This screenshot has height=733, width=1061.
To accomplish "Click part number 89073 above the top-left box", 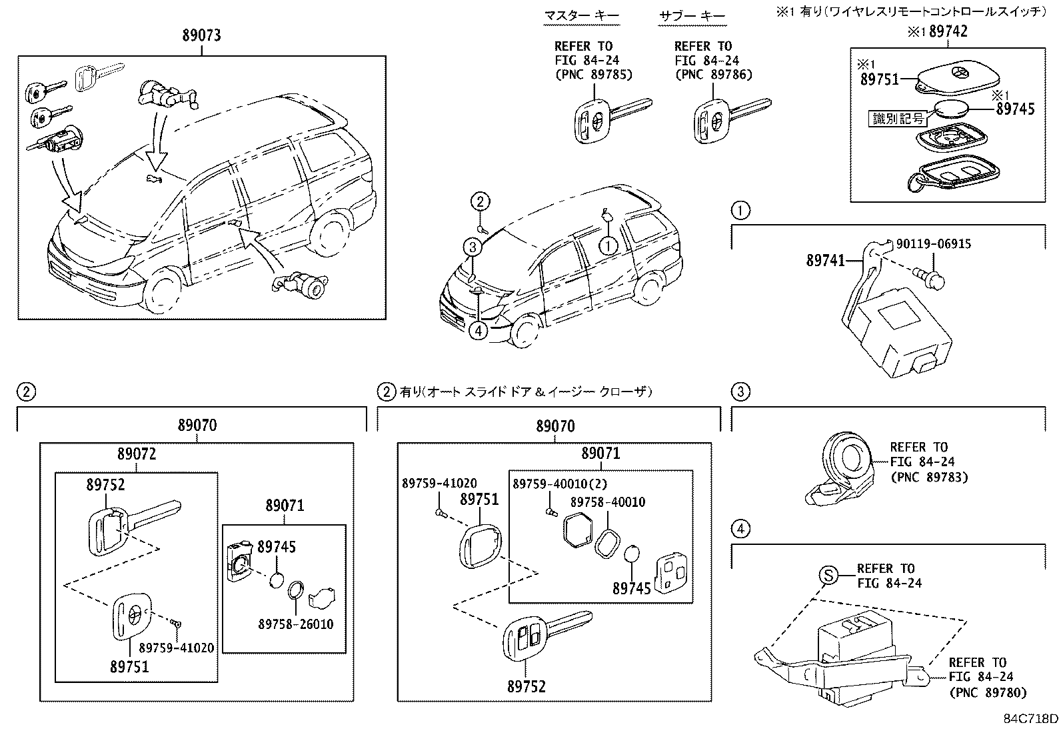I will coord(201,35).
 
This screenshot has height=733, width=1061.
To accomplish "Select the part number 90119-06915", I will coord(932,243).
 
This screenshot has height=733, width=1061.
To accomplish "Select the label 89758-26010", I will coord(296,624).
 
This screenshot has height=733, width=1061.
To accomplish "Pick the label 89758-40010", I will coord(607,502).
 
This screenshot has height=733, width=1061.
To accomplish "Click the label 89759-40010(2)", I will coord(560,484).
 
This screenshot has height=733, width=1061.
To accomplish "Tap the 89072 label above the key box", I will coord(137,454).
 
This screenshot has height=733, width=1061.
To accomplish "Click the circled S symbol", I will coord(827,575).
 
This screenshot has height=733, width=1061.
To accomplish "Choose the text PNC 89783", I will coord(928,477).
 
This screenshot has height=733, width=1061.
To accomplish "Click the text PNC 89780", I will coord(987,692).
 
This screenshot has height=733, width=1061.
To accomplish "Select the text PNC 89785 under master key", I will coord(593,75).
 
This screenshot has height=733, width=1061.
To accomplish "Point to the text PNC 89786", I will coord(713,75).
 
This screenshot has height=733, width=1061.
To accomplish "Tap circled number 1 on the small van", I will coord(607,245).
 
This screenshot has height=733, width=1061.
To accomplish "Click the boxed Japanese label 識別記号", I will coord(898,119).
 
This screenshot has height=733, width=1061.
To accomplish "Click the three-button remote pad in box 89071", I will coord(671,572).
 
